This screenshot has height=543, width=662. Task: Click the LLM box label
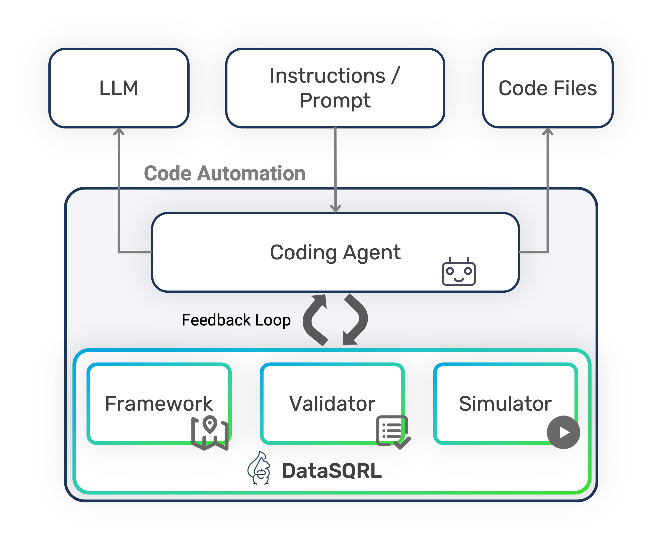(x=119, y=88)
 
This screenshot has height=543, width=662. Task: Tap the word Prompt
(x=335, y=100)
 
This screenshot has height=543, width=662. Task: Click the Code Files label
(x=547, y=88)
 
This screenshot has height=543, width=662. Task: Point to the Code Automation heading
(x=224, y=173)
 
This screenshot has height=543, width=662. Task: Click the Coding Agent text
(x=335, y=252)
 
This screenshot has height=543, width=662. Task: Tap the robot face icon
(x=459, y=272)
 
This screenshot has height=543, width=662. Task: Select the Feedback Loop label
(x=236, y=320)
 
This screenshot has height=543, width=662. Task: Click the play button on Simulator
(x=563, y=432)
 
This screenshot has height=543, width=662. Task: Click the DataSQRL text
(x=332, y=471)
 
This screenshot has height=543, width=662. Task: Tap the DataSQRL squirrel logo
(x=259, y=469)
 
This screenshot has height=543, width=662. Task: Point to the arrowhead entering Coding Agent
(x=335, y=208)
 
